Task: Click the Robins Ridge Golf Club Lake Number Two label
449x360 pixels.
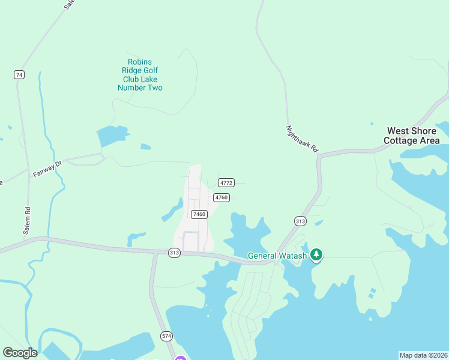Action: pyautogui.click(x=140, y=75)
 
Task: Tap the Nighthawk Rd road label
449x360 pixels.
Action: pyautogui.click(x=301, y=139)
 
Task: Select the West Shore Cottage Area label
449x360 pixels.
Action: pyautogui.click(x=413, y=136)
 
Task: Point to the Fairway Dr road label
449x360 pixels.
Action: pyautogui.click(x=47, y=168)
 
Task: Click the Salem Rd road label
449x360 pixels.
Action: pyautogui.click(x=27, y=220)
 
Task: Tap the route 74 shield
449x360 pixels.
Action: pyautogui.click(x=19, y=75)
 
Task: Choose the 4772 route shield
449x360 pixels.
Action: pyautogui.click(x=226, y=182)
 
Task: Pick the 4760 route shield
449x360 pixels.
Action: pyautogui.click(x=221, y=197)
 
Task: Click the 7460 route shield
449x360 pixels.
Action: pyautogui.click(x=199, y=214)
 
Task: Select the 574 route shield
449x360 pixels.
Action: pyautogui.click(x=166, y=335)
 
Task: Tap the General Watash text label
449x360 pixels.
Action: pyautogui.click(x=277, y=256)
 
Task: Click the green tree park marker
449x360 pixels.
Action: pyautogui.click(x=316, y=256)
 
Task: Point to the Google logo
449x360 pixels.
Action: pyautogui.click(x=20, y=353)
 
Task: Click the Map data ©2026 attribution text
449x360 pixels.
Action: pyautogui.click(x=423, y=355)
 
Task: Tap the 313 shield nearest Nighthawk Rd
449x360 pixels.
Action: pyautogui.click(x=300, y=221)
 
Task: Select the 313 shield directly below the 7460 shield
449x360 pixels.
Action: pyautogui.click(x=174, y=253)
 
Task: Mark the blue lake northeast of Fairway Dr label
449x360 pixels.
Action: pyautogui.click(x=112, y=136)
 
